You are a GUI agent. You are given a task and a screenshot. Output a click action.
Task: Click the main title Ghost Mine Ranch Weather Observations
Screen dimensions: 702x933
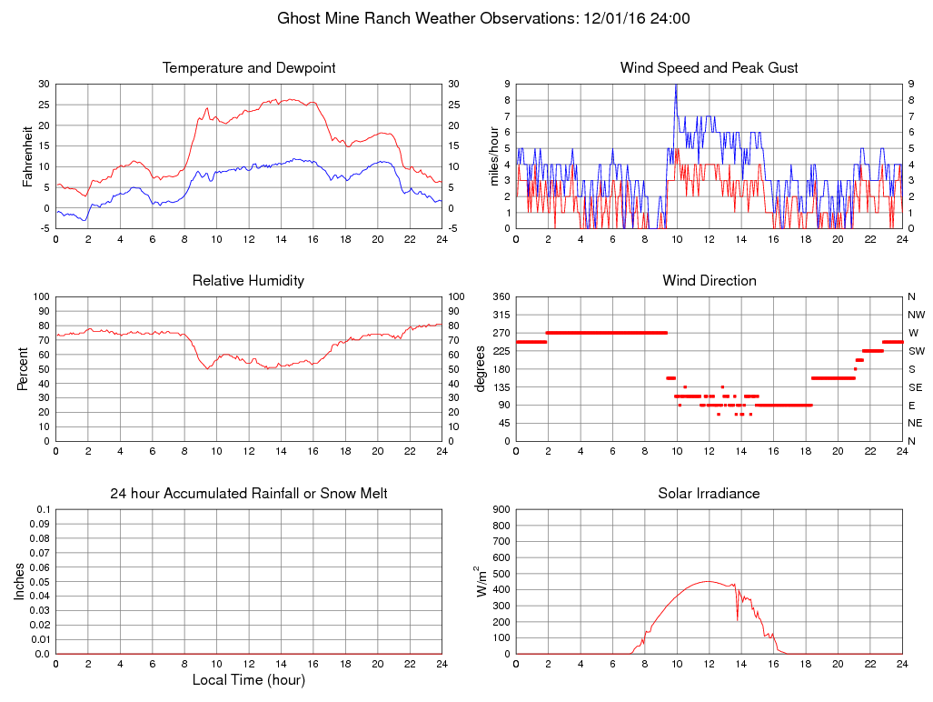tap(483, 18)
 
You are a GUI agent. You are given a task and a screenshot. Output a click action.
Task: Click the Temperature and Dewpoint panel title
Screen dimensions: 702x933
tap(249, 68)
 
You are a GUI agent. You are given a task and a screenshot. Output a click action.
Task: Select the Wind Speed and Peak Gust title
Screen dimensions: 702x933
tap(709, 68)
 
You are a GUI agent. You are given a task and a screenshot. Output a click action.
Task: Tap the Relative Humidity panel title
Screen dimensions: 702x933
tap(248, 281)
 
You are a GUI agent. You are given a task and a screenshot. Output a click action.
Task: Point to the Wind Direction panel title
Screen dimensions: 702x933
tap(709, 281)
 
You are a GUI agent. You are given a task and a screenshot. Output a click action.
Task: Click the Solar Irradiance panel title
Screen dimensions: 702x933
tap(709, 494)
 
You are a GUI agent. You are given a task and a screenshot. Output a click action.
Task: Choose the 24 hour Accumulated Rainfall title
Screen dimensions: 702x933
tap(249, 494)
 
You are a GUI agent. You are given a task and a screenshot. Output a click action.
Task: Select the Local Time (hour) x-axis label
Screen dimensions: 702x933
tap(249, 680)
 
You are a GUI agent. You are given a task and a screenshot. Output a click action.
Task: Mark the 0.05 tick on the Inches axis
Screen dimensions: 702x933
tap(40, 582)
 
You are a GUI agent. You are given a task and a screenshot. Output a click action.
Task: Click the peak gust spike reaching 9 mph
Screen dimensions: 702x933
tap(676, 85)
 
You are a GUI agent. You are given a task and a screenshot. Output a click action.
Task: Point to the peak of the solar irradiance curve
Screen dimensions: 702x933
tap(709, 582)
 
